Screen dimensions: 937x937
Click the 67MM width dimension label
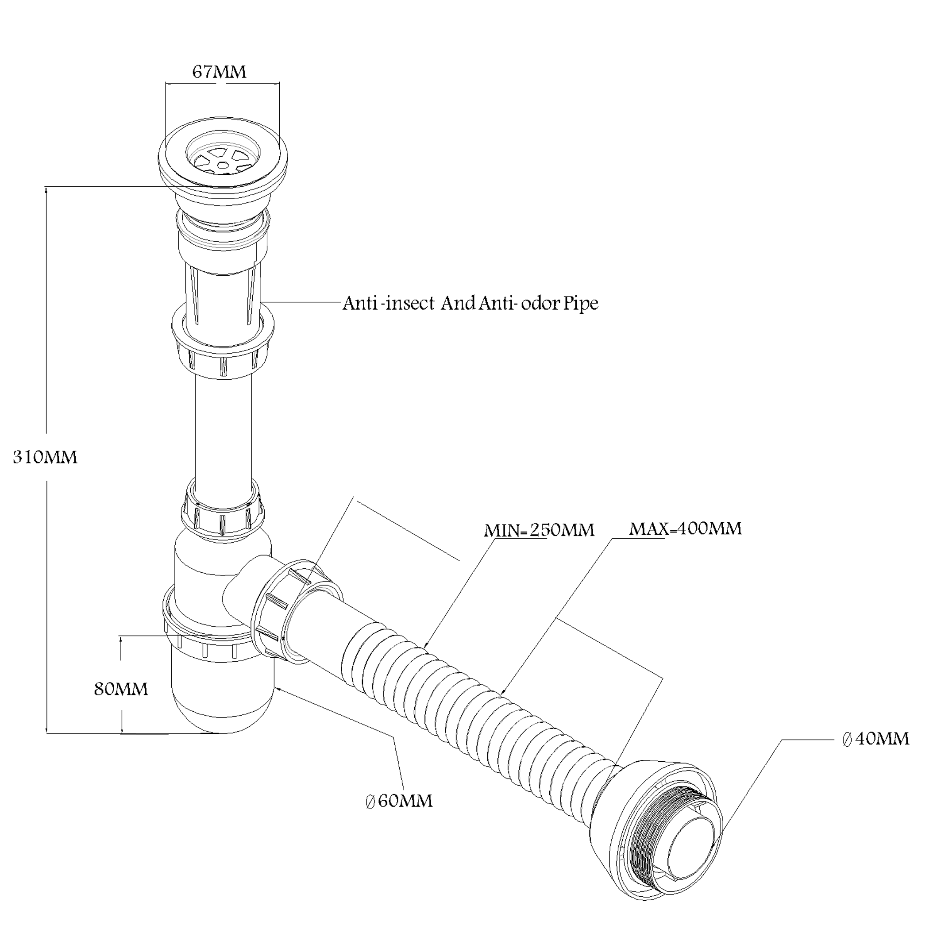click(x=219, y=72)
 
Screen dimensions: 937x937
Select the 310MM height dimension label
click(x=45, y=457)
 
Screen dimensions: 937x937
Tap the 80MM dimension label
click(x=121, y=689)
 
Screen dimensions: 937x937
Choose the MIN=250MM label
click(x=539, y=530)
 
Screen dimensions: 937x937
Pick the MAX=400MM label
click(x=685, y=528)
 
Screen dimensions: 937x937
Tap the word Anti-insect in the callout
click(x=389, y=304)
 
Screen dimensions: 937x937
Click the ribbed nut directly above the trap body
click(x=223, y=514)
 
